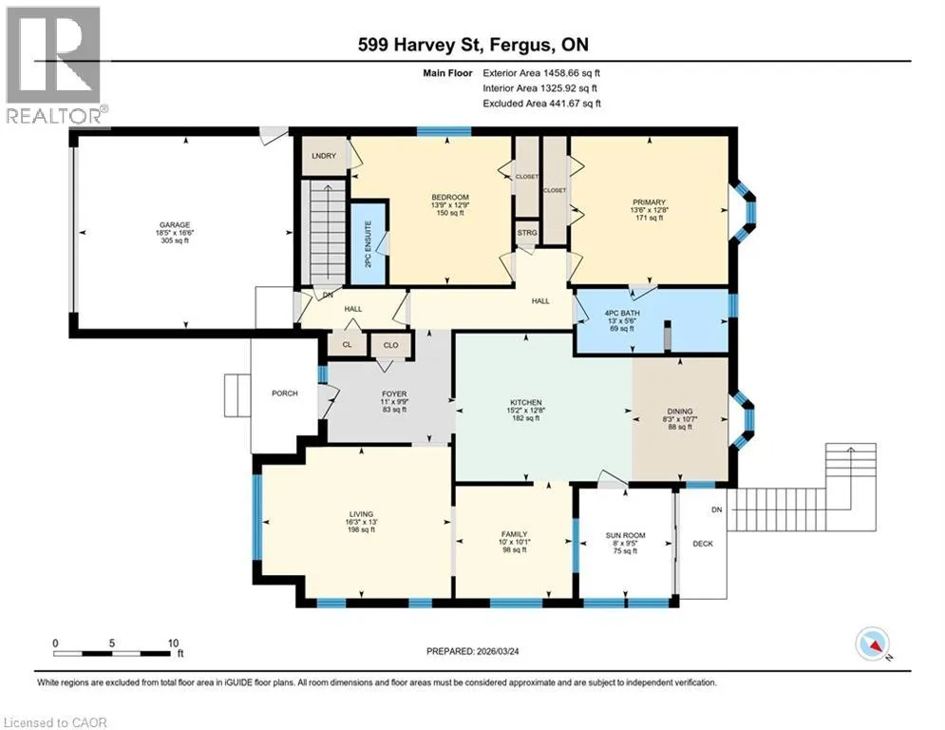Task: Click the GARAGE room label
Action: click(175, 225)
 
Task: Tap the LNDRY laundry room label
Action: click(324, 156)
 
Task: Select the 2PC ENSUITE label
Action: click(369, 243)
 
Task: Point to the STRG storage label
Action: click(527, 233)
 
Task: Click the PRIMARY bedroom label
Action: click(649, 202)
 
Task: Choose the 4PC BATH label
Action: click(623, 313)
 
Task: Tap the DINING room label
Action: click(680, 412)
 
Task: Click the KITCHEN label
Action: click(526, 402)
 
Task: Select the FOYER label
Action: click(394, 394)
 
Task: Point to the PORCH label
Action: click(285, 394)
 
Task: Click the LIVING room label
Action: click(362, 514)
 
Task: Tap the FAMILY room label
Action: click(514, 534)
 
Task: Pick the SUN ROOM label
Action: click(626, 535)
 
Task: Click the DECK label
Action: click(703, 544)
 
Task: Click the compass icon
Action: click(873, 644)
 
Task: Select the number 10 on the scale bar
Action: click(174, 644)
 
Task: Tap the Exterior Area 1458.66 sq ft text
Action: click(541, 73)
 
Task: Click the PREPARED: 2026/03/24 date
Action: click(473, 651)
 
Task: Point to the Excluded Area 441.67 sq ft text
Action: click(541, 104)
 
